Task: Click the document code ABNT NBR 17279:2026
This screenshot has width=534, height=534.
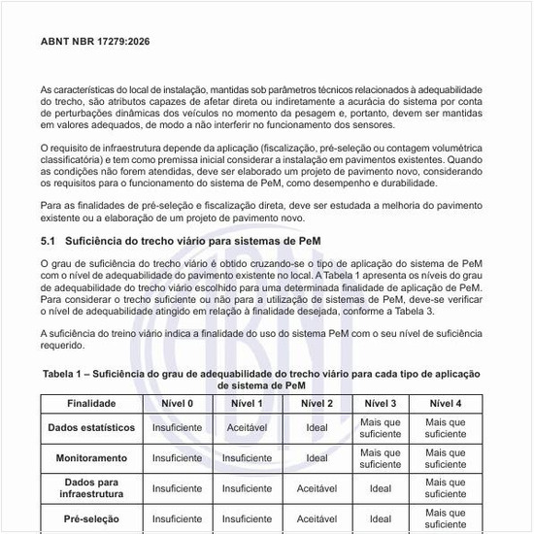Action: (x=95, y=43)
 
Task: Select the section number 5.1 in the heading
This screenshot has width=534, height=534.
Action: (x=48, y=239)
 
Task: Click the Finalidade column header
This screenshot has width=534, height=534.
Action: (x=90, y=403)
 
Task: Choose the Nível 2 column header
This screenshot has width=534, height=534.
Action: (x=317, y=403)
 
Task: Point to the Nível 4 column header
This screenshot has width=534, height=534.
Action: (x=446, y=403)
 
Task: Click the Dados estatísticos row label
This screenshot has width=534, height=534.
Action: (x=90, y=427)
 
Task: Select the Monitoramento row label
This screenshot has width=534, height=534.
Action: (x=90, y=456)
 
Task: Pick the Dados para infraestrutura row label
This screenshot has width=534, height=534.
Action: (x=90, y=488)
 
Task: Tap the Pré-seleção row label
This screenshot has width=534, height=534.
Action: (x=90, y=518)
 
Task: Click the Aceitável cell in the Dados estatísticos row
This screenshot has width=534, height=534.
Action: (x=247, y=427)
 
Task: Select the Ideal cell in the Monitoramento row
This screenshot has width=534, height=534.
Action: (x=317, y=456)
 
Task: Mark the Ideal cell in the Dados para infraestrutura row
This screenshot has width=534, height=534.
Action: (x=381, y=488)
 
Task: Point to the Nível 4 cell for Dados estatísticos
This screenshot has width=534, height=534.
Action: (x=446, y=427)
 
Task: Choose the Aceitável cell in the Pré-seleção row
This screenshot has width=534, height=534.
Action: (x=317, y=518)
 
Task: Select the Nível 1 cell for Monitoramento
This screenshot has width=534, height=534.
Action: (x=247, y=456)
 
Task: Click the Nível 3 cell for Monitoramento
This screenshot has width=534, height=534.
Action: (x=381, y=456)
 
